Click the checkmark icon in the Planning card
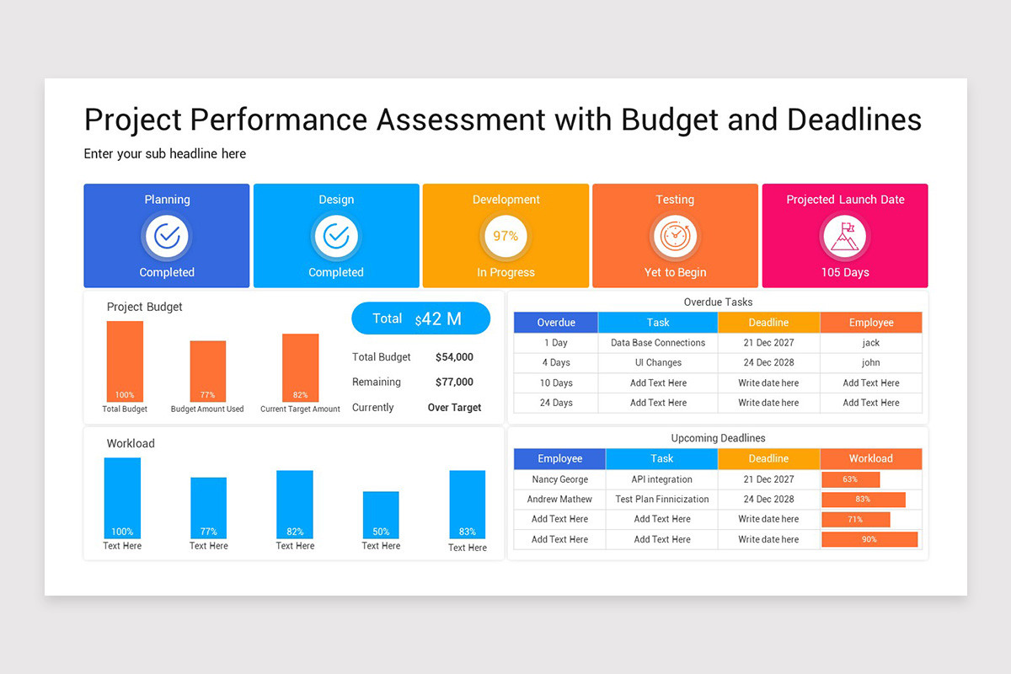(167, 237)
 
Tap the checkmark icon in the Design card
(336, 237)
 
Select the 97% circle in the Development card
(505, 237)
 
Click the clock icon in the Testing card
(675, 237)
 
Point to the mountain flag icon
(844, 237)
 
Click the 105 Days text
(845, 272)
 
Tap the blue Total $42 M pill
(420, 318)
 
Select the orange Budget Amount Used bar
(208, 371)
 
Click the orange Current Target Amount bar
(301, 367)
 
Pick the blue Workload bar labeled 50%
(381, 515)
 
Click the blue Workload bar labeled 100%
(122, 497)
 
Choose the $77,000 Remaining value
(454, 382)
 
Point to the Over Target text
(454, 407)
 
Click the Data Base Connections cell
(658, 343)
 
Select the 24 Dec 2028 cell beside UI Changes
(768, 362)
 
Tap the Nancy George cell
(560, 479)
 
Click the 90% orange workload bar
(869, 539)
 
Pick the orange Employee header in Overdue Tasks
(871, 323)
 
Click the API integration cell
(661, 479)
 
